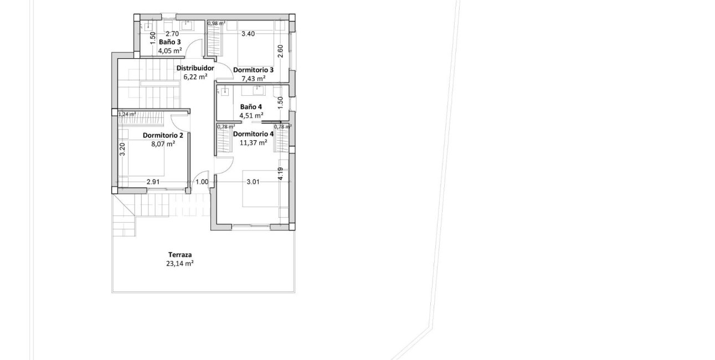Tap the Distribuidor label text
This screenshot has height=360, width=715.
(x=195, y=68)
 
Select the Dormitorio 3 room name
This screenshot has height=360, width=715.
(x=253, y=70)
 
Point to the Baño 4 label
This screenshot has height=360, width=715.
(x=251, y=107)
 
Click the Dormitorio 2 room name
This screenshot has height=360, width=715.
(x=163, y=135)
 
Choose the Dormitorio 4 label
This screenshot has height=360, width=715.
(x=253, y=134)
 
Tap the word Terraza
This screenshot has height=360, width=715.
(x=181, y=255)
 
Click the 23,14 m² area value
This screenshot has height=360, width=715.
(x=181, y=264)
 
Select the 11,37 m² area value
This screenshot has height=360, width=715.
(x=253, y=142)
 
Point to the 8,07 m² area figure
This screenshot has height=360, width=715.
(x=163, y=143)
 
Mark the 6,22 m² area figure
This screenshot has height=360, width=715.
(x=195, y=77)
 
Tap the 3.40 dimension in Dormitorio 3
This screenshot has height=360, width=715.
(x=248, y=34)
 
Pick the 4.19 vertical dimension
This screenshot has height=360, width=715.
(x=281, y=173)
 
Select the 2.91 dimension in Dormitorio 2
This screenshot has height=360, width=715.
(x=154, y=181)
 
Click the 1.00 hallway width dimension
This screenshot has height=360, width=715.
(x=202, y=181)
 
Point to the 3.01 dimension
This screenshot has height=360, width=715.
(x=253, y=181)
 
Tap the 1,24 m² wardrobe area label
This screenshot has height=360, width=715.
(x=127, y=114)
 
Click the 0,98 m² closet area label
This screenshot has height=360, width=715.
(x=216, y=23)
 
